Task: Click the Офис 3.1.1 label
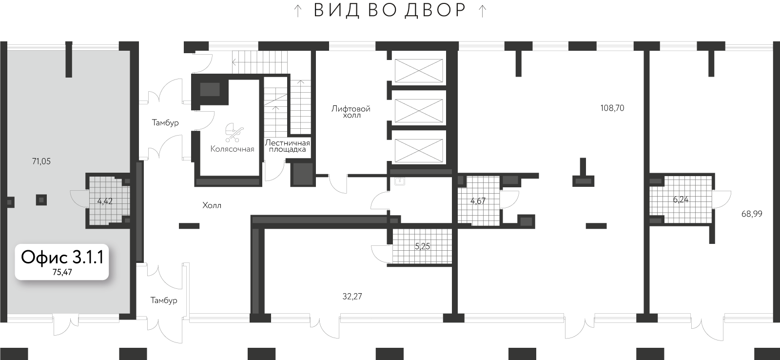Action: [x=62, y=257]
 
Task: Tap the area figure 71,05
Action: [x=41, y=161]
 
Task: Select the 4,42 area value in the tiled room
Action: [x=105, y=201]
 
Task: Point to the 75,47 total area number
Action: [x=62, y=273]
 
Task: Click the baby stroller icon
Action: [x=234, y=133]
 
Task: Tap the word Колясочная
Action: [x=232, y=149]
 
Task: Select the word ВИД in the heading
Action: [x=336, y=10]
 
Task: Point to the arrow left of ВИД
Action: [x=298, y=11]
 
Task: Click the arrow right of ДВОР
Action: [x=482, y=11]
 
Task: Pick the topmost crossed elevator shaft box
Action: [x=419, y=70]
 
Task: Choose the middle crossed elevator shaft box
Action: [x=419, y=111]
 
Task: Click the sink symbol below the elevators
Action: [x=400, y=181]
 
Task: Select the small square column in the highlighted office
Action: [x=41, y=200]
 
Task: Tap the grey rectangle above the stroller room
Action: [x=210, y=90]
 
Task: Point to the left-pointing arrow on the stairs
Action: [x=234, y=62]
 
